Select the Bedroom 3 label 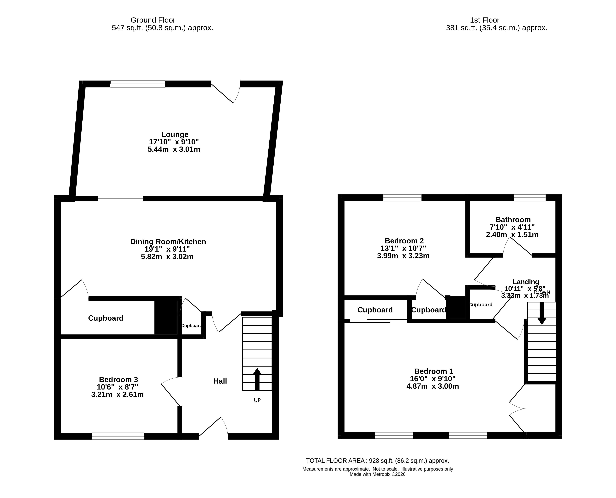click(x=119, y=380)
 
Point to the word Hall click(x=220, y=381)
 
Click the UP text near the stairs click(x=257, y=400)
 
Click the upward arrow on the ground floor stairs click(x=257, y=379)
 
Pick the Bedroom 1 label click(x=434, y=372)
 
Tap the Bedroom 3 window click(x=118, y=436)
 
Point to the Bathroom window click(x=530, y=198)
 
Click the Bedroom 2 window click(x=402, y=198)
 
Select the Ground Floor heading click(x=153, y=20)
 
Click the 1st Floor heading click(x=485, y=20)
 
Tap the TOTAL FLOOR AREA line click(x=377, y=461)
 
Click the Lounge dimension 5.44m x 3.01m click(x=174, y=149)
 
